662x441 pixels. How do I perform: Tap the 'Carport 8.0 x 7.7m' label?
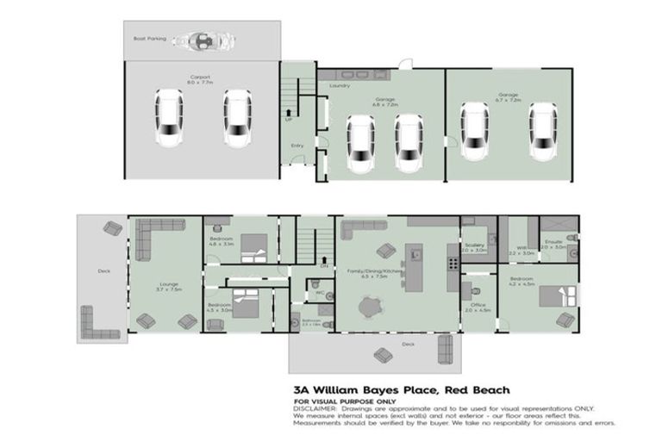[200, 79]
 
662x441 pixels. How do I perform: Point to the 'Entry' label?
[297, 146]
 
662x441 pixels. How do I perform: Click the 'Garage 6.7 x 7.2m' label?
[509, 97]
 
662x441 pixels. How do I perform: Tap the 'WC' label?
[318, 293]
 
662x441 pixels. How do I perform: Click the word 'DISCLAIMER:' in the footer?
[315, 408]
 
